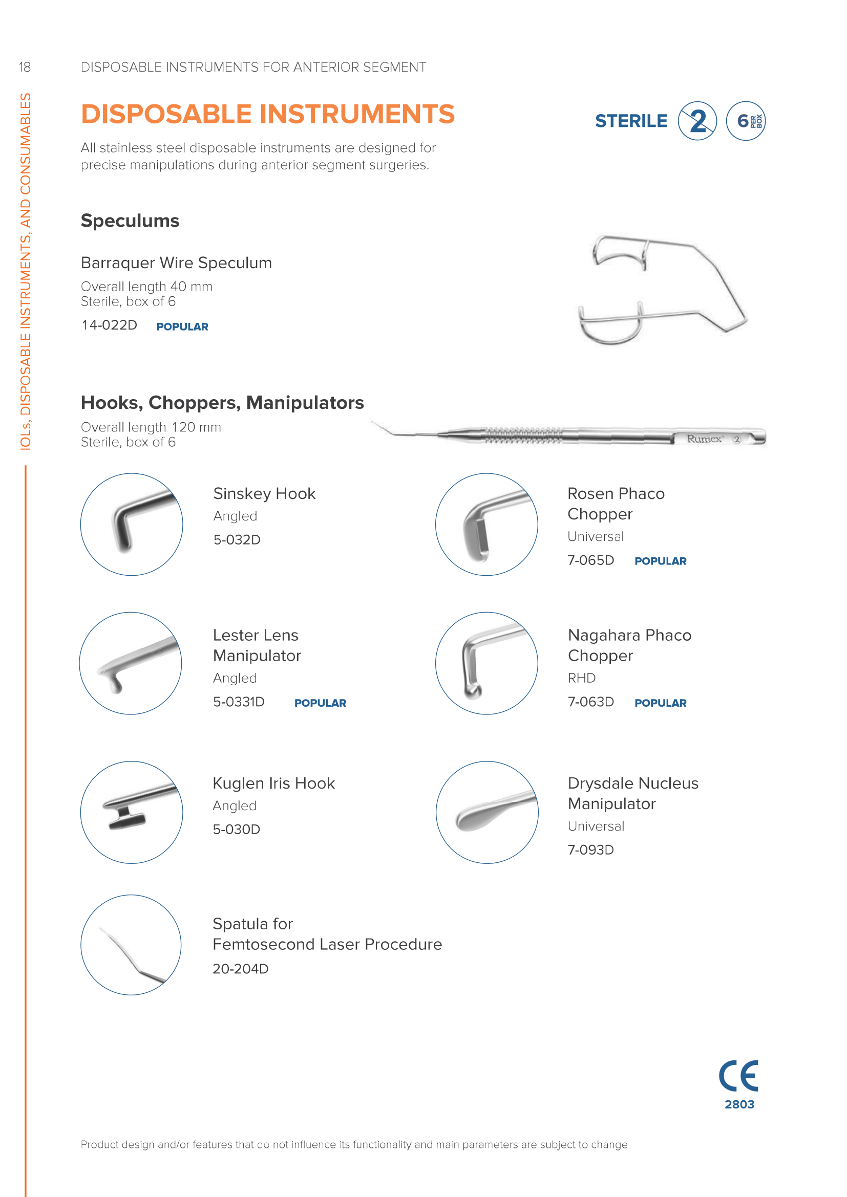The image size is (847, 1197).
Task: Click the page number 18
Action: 25,67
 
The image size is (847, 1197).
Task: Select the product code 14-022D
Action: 110,325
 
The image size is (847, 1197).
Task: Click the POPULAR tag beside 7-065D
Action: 660,561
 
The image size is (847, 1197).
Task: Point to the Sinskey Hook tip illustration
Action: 132,525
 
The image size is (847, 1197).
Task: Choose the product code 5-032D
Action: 237,539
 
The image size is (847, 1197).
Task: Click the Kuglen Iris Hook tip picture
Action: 132,812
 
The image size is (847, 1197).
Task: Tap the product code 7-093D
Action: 590,850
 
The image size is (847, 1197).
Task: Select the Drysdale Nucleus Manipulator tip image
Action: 486,812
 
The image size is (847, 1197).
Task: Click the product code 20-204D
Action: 241,969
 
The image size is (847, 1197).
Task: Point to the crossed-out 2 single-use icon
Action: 697,121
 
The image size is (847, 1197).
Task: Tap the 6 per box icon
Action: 746,121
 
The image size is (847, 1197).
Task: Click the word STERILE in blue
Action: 631,121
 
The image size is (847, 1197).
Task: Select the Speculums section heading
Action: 130,221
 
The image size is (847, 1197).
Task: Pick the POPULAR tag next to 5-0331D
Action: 320,703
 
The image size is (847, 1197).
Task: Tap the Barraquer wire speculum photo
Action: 662,289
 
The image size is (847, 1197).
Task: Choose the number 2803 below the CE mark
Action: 739,1104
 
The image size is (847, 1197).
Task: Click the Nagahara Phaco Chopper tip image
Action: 486,663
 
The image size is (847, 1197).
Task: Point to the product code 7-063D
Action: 590,702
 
